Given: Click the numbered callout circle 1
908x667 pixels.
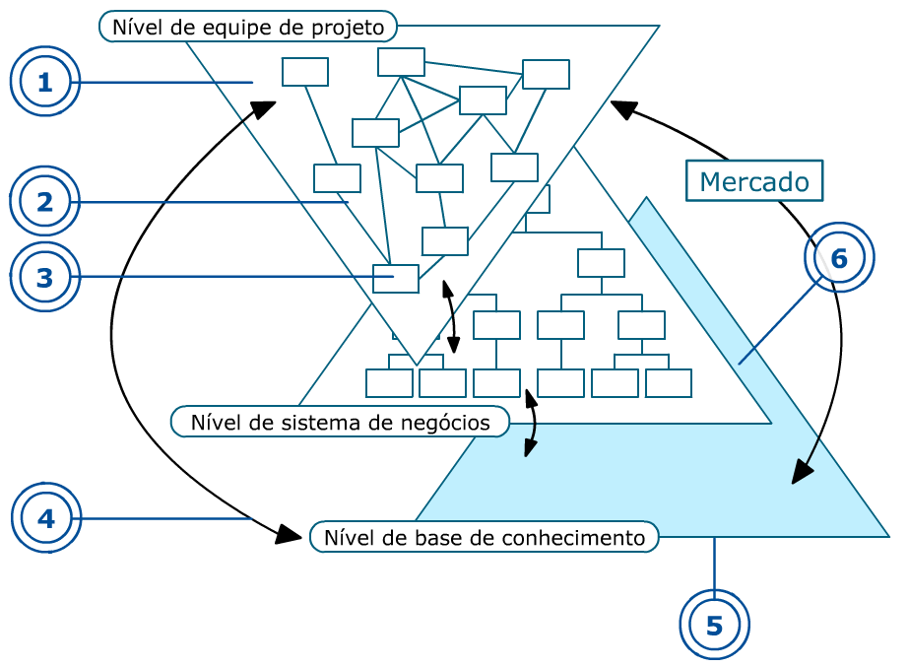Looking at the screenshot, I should point(44,83).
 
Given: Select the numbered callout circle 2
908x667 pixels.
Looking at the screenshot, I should point(44,203).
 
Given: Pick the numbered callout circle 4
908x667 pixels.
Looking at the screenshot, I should point(46,517).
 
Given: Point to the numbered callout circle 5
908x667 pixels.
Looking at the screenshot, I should point(714,625).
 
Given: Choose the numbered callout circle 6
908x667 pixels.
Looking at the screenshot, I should point(839,258).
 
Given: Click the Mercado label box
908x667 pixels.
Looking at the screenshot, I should point(754,181).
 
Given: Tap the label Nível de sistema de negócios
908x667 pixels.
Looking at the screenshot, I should point(340,423).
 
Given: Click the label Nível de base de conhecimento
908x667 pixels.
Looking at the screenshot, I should point(484,537).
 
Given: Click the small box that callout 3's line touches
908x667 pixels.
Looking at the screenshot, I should point(395,279).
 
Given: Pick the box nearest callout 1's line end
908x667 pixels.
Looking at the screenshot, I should point(305,72).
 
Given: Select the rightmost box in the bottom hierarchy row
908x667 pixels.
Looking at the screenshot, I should point(669,383).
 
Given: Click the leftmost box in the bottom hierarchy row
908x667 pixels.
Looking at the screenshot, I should point(389,383).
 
